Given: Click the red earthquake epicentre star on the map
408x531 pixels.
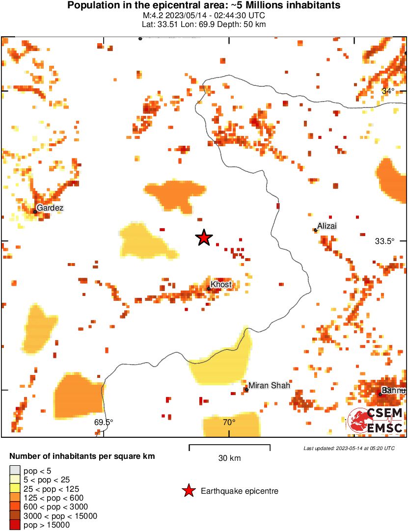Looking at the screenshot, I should tap(204, 238).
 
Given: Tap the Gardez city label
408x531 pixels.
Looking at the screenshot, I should tap(50, 208).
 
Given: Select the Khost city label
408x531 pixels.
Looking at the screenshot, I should tap(221, 285).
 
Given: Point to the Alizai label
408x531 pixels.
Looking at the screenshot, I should tap(327, 226).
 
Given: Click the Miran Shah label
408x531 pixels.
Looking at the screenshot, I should tap(269, 385).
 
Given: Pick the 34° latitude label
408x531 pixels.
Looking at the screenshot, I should tap(388, 91).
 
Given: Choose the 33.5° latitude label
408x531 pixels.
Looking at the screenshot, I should tap(384, 241).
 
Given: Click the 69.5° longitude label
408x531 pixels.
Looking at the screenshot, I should tap(104, 422).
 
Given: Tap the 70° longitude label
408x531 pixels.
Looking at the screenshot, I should tap(229, 422).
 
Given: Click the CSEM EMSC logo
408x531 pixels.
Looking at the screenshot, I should tap(376, 421).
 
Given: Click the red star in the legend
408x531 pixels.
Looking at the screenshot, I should tap(188, 491).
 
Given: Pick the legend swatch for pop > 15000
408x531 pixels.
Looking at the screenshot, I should tap(15, 525).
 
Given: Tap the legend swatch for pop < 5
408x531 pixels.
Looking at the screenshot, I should tap(15, 471).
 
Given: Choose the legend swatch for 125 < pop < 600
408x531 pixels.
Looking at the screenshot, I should tap(15, 498).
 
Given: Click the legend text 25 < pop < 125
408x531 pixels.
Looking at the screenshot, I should tap(51, 489).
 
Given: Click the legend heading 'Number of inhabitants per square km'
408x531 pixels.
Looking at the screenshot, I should tap(82, 456).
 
